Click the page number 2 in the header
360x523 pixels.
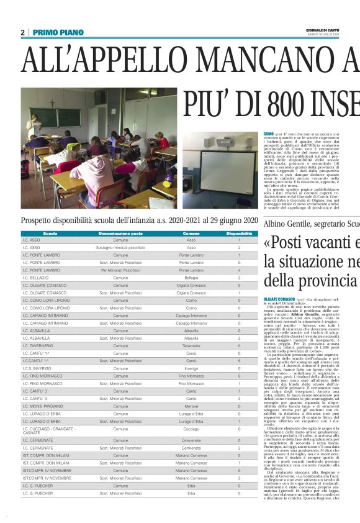[22, 32]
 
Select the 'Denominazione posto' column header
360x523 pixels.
[120, 234]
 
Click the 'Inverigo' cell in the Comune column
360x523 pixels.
[191, 368]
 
